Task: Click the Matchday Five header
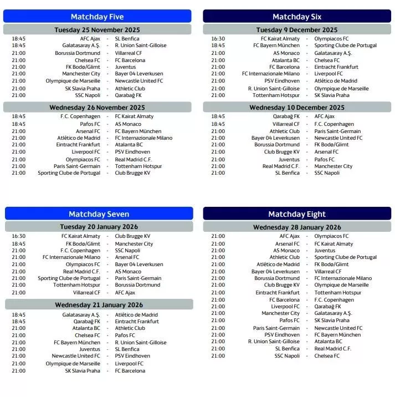click(98, 17)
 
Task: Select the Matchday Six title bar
click(297, 17)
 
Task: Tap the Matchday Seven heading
click(99, 214)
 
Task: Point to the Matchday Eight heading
click(297, 214)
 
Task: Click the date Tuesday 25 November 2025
click(98, 29)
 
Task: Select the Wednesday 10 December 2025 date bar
click(297, 108)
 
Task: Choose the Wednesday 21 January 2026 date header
click(99, 304)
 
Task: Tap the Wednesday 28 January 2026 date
click(297, 227)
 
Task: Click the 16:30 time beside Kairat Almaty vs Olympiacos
click(218, 39)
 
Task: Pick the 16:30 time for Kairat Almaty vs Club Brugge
click(18, 236)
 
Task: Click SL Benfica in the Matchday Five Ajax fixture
click(127, 39)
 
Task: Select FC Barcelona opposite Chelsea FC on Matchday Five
click(130, 60)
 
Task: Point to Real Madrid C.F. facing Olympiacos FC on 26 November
click(133, 159)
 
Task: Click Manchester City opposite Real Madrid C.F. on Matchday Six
click(334, 166)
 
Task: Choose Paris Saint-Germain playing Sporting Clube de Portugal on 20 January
click(138, 278)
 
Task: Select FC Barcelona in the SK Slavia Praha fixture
click(130, 371)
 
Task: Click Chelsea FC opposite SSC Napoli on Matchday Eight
click(327, 356)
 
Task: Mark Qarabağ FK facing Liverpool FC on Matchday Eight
click(327, 306)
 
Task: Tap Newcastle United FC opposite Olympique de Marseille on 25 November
click(139, 81)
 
